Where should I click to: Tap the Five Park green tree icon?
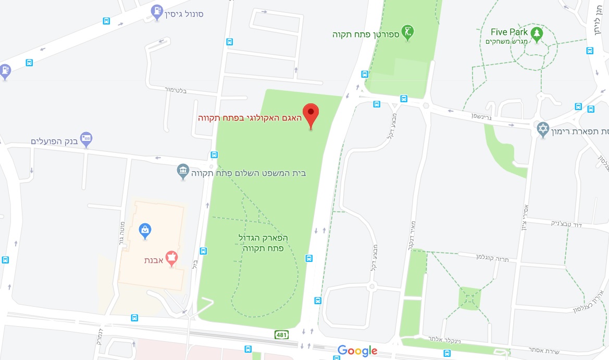[537, 34]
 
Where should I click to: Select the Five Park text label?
[509, 32]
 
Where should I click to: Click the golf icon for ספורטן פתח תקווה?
[408, 31]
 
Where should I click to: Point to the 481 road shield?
[282, 333]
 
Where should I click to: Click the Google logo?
[357, 351]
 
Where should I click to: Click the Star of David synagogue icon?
[543, 128]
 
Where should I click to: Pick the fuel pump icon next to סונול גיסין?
[157, 10]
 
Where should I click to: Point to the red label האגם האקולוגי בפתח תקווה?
[250, 118]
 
